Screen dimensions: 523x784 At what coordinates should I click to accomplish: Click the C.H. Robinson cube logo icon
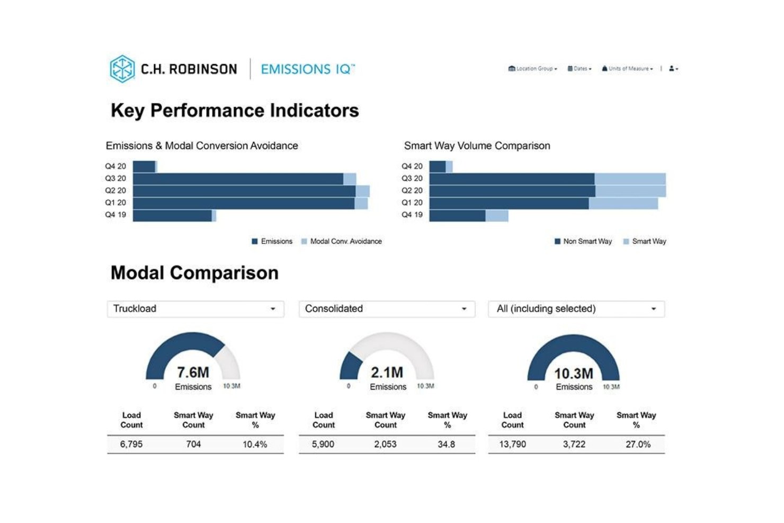(122, 69)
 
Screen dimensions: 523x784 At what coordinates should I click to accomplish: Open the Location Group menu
(533, 68)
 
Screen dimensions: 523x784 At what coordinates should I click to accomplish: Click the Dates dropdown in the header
(580, 68)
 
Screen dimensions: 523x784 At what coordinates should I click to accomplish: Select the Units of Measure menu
(627, 68)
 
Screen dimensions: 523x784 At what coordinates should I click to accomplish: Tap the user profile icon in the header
(673, 68)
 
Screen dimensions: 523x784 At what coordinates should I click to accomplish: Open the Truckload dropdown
(195, 309)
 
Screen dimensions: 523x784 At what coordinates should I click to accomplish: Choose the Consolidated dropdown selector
(386, 309)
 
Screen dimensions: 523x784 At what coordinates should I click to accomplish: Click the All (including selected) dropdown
(576, 309)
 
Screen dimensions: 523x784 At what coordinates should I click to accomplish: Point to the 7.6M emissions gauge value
(193, 372)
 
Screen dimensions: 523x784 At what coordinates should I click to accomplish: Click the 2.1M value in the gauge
(387, 372)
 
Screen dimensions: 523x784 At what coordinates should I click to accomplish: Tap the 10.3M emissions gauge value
(574, 374)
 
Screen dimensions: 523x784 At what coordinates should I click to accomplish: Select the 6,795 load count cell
(131, 444)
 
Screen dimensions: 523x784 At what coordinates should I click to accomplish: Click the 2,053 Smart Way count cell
(385, 444)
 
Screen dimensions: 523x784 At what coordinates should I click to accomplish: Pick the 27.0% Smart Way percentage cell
(638, 444)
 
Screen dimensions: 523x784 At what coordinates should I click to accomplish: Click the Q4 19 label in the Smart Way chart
(412, 215)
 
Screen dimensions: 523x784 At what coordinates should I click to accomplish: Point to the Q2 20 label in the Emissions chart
(115, 190)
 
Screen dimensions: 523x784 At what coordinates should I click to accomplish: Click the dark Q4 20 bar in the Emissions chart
(144, 166)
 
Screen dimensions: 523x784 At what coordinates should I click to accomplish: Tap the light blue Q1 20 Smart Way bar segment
(623, 203)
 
